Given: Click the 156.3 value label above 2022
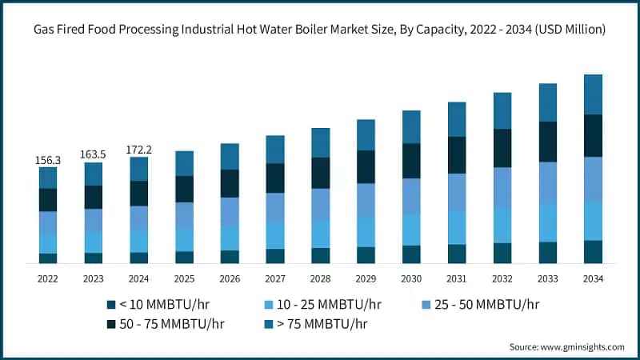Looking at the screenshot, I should pos(48,160).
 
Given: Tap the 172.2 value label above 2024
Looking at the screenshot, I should pos(139,150).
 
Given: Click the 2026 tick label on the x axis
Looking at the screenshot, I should pos(230,278).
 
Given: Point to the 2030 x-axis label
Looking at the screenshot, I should pos(411,278).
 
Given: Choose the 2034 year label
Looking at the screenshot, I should pos(593,278).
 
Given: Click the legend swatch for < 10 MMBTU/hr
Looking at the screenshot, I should pos(110,305).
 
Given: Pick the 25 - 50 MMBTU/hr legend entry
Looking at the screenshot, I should pos(480,305).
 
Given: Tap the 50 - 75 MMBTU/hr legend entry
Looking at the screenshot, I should pos(160,324).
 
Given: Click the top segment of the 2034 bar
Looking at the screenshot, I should pos(593,94).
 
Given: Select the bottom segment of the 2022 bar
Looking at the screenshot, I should pos(48,258).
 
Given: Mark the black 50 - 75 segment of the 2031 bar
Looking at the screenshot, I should pos(457,154).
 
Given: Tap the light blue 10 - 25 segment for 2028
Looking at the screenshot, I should pos(321,234).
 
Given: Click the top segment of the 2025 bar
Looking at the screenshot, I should pos(185,163).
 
